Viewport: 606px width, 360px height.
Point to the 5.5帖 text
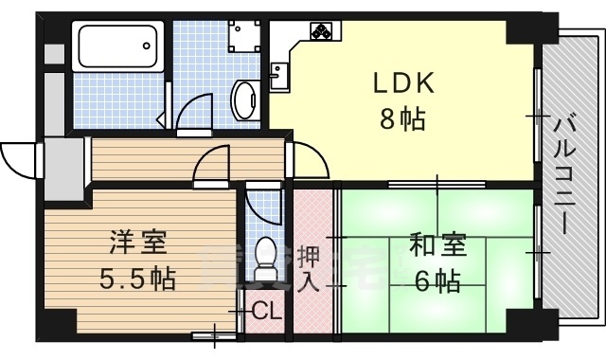(x=138, y=279)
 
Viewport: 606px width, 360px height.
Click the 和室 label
(x=437, y=244)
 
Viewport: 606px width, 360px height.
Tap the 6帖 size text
(x=437, y=280)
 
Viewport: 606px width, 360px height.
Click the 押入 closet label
(x=309, y=270)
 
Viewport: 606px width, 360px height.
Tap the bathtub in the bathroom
(x=117, y=46)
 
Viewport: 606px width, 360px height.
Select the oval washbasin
(x=245, y=99)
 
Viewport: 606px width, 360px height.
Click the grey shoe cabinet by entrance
(x=62, y=170)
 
